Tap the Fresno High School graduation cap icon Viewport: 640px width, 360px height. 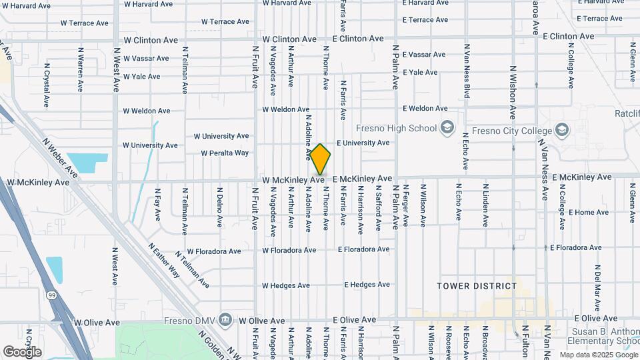pyautogui.click(x=447, y=128)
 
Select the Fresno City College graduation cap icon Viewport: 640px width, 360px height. pyautogui.click(x=561, y=130)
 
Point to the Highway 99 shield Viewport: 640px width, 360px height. pyautogui.click(x=52, y=294)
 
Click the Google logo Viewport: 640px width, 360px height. pyautogui.click(x=22, y=351)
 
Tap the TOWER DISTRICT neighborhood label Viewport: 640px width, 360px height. pyautogui.click(x=477, y=286)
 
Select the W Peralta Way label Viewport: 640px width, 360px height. pyautogui.click(x=225, y=153)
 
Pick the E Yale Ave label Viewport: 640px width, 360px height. pyautogui.click(x=420, y=72)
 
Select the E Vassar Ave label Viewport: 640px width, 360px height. pyautogui.click(x=424, y=55)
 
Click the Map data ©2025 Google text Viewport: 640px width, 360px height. pyautogui.click(x=598, y=355)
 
